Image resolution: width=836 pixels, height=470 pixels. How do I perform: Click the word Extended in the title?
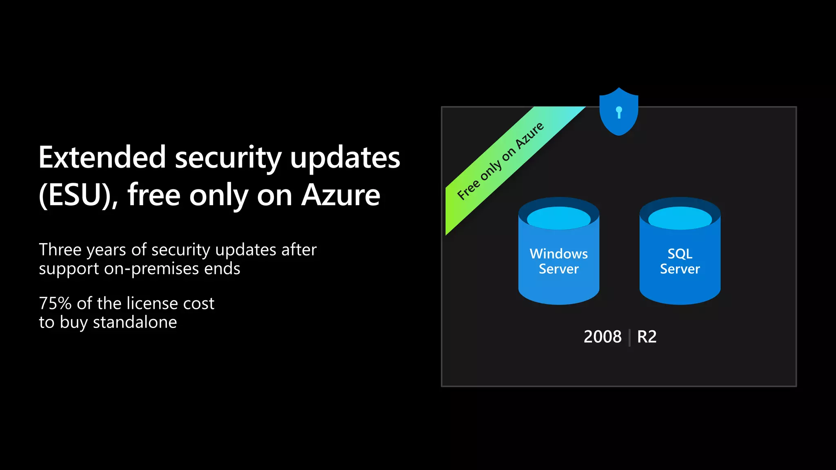[x=102, y=157]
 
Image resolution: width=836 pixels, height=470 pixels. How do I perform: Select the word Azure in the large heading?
[x=340, y=195]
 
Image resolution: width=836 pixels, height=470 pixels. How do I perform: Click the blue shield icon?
[x=618, y=112]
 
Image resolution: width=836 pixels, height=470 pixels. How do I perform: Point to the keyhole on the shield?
[x=619, y=111]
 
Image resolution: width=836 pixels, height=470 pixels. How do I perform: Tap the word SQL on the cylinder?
[x=680, y=254]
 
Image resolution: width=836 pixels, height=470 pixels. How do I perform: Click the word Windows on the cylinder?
[x=558, y=254]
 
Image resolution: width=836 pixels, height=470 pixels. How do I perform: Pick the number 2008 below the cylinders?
[x=603, y=337]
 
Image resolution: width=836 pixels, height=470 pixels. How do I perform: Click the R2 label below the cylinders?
[x=647, y=337]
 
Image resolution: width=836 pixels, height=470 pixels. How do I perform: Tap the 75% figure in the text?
[x=55, y=304]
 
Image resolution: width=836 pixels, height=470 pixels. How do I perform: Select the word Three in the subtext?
[x=60, y=250]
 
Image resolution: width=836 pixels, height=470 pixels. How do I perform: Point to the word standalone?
[x=135, y=322]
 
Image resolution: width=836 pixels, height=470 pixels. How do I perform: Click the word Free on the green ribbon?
[x=468, y=190]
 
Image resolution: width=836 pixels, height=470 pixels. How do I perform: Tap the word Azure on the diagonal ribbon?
[x=529, y=136]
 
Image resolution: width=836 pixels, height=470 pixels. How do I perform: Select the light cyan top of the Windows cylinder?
[x=558, y=218]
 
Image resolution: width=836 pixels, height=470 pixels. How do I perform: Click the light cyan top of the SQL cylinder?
[x=680, y=218]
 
